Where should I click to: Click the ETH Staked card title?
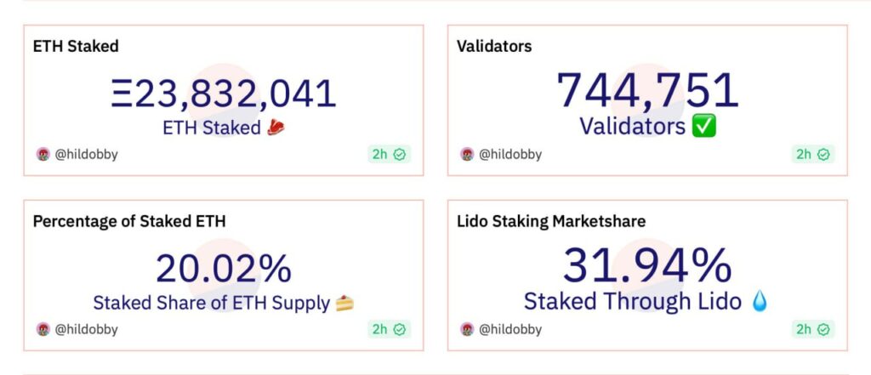76,46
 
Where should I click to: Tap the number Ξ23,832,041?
224,94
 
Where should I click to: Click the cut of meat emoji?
276,128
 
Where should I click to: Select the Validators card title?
494,46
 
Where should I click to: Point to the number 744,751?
647,90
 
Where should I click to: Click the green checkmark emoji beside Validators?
704,126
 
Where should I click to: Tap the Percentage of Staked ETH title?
129,221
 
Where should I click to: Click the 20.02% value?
224,269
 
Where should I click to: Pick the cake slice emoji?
345,304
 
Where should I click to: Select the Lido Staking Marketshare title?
551,221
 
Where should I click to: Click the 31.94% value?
647,265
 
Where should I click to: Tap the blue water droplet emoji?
759,302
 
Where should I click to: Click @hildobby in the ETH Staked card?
86,155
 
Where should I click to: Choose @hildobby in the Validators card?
510,155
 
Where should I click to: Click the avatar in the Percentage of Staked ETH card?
43,329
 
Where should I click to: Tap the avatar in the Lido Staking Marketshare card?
467,329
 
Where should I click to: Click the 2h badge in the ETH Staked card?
390,155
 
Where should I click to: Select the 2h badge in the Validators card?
813,155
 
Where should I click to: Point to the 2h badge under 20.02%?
390,329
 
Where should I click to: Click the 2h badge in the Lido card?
813,329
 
